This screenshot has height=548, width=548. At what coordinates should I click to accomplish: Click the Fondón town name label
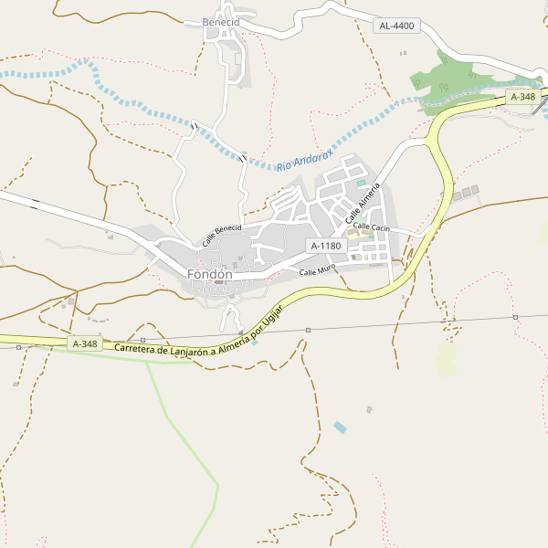tap(209, 274)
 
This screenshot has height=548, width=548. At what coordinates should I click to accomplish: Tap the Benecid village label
tap(221, 22)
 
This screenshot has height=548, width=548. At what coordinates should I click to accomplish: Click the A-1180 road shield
tap(325, 246)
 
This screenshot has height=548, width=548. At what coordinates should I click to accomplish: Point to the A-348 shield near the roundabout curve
tap(523, 97)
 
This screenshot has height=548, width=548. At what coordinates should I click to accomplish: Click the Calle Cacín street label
tap(372, 226)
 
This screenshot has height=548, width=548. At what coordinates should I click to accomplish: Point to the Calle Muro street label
tap(318, 270)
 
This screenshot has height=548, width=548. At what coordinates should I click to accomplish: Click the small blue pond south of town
tap(341, 427)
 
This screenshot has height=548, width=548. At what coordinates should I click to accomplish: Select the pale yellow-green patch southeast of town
tap(446, 359)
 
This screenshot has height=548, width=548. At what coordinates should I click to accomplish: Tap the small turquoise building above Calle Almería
tap(360, 184)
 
